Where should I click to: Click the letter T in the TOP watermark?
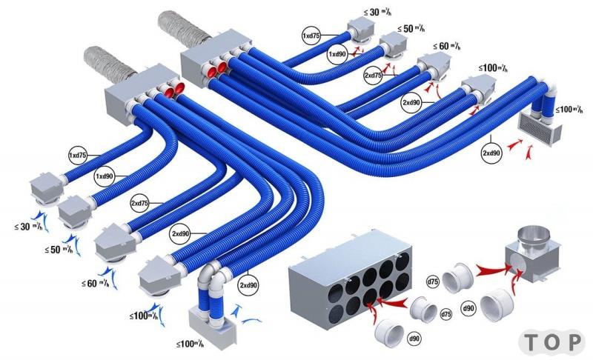(x=532, y=342)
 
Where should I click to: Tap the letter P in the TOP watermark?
(x=574, y=342)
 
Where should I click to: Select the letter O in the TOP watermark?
(x=553, y=342)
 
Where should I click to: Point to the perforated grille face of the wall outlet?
(x=536, y=127)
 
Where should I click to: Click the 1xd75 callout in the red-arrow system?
(x=311, y=36)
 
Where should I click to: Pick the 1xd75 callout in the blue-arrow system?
(x=78, y=156)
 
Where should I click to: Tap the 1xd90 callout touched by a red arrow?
(x=337, y=54)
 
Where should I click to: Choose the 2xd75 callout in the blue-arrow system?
(x=139, y=203)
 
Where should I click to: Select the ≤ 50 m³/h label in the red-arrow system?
(x=411, y=28)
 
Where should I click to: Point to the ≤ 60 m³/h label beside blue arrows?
(x=96, y=283)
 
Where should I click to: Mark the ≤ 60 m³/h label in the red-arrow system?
(x=447, y=46)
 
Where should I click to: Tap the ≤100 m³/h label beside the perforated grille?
(x=569, y=110)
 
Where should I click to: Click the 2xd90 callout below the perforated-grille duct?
(x=491, y=153)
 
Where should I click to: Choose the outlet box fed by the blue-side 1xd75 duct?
(x=46, y=188)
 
